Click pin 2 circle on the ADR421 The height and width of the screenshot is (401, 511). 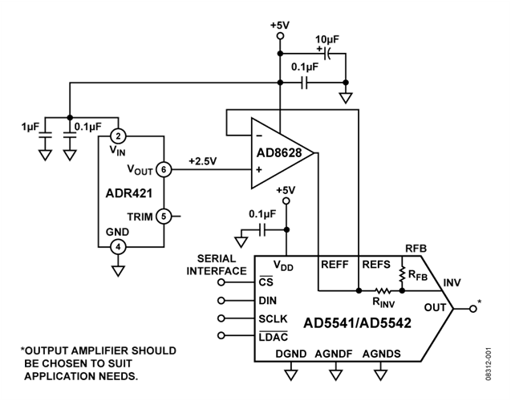118,136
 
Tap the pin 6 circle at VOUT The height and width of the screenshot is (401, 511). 164,169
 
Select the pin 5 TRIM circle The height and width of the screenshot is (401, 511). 164,216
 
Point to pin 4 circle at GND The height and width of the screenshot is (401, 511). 118,247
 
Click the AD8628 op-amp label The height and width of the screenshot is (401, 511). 279,152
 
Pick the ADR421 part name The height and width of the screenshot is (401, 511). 129,193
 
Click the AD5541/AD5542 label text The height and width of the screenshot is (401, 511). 357,323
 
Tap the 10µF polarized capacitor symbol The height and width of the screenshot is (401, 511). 326,54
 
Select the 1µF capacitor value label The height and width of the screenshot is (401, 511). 30,127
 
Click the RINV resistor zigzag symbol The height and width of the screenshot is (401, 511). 383,290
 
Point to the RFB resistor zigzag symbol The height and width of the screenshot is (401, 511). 402,274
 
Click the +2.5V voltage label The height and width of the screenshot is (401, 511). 202,161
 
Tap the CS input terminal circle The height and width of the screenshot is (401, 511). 221,282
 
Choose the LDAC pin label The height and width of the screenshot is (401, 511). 273,337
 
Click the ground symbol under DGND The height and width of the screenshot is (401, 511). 291,375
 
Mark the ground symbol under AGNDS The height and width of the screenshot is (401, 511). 380,375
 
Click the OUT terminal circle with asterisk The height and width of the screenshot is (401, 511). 473,309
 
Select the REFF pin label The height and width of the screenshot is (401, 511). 335,265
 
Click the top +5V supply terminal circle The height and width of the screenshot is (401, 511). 280,35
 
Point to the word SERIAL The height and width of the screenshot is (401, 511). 217,259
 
